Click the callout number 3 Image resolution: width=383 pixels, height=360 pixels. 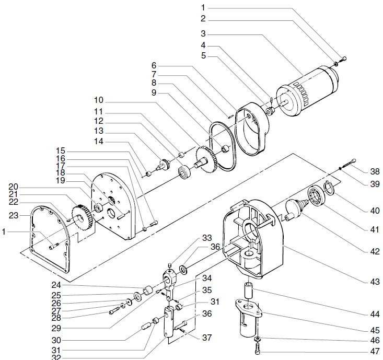(x=203, y=32)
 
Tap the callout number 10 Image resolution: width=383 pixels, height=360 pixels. (x=99, y=100)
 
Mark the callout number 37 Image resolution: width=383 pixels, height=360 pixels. (x=207, y=338)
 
